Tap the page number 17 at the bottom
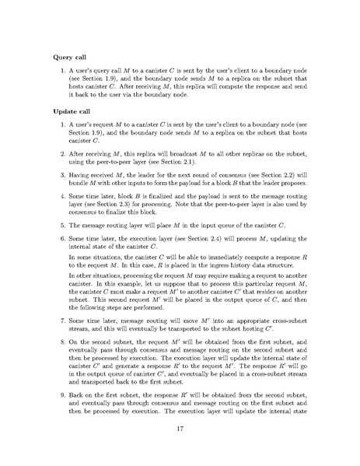pyautogui.click(x=180, y=444)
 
